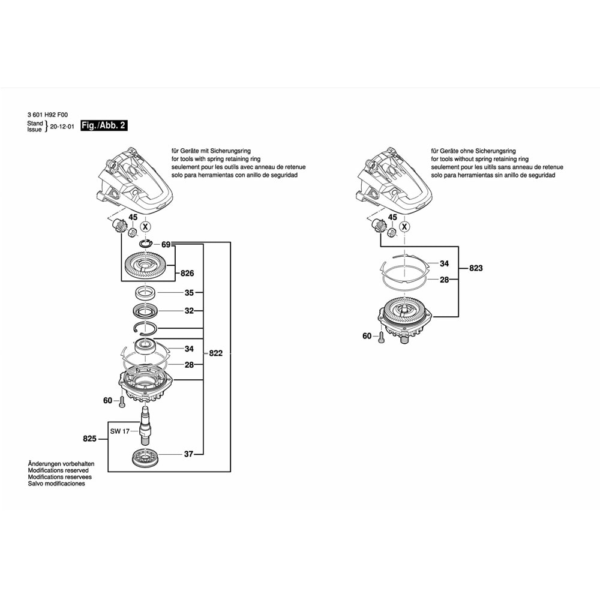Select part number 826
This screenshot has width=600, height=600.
point(187,274)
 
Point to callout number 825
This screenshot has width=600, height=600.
point(90,439)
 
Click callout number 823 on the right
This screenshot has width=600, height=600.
point(476,268)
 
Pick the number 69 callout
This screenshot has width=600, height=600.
point(166,244)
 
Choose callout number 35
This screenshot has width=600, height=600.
point(189,293)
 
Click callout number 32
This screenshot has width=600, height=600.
point(189,311)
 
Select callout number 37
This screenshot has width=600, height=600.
point(188,454)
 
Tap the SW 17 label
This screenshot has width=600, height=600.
point(119,431)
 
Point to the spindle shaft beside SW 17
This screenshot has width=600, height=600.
point(145,423)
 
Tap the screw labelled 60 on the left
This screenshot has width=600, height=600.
point(122,401)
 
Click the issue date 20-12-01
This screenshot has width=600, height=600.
point(62,127)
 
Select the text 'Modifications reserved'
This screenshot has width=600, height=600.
point(58,471)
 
